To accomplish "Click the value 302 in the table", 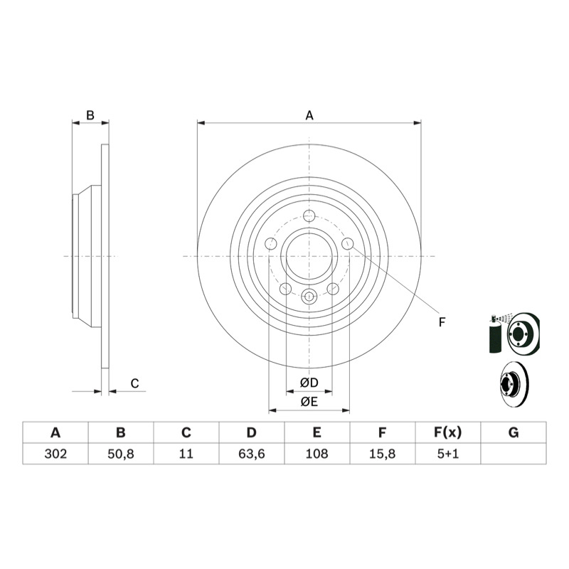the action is click(x=55, y=454).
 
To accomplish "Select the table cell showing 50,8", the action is click(x=121, y=454).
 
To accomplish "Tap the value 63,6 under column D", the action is click(x=252, y=454).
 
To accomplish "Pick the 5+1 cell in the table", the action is click(x=448, y=454).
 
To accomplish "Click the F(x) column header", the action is click(x=448, y=432).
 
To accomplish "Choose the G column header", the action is click(x=514, y=432).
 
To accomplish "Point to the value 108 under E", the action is click(x=317, y=454).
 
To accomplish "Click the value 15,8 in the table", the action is click(x=382, y=454).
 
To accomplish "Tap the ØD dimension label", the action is click(x=309, y=383).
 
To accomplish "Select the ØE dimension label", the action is click(x=309, y=402).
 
